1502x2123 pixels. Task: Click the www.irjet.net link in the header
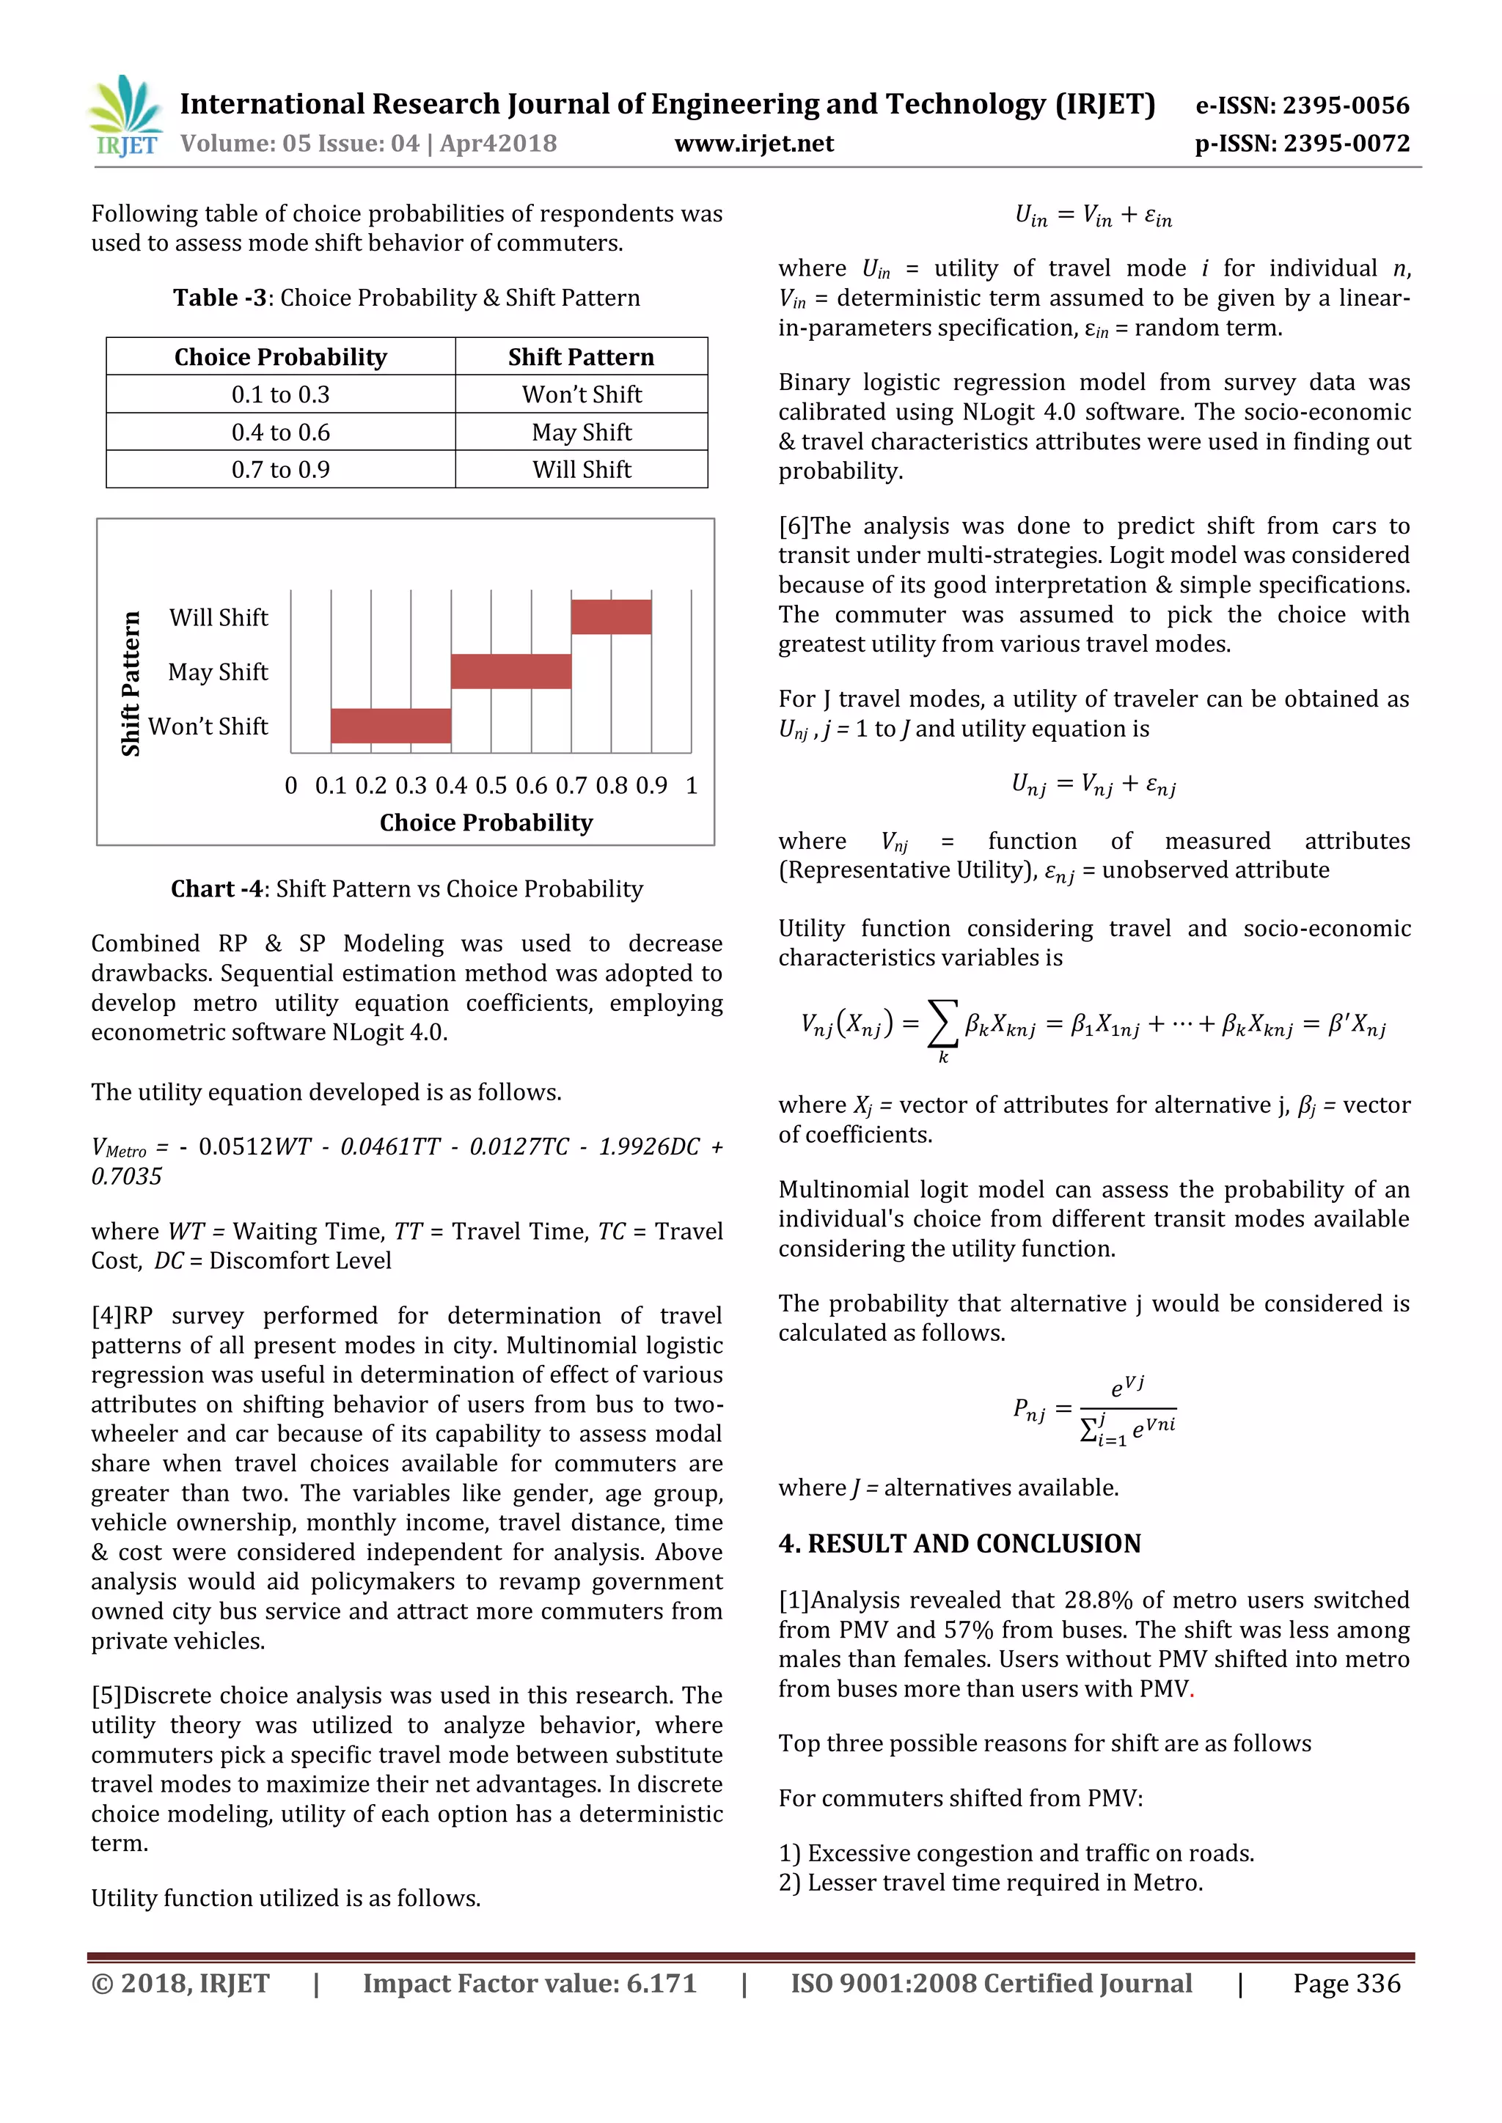tap(754, 144)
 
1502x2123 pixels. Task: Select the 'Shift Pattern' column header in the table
tap(581, 357)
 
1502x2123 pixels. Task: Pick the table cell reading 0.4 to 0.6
tap(280, 432)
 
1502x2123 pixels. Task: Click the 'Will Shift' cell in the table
tap(581, 470)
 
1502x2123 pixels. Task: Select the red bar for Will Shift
tap(610, 617)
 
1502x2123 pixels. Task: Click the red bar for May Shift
tap(510, 672)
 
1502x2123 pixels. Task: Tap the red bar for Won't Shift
tap(390, 726)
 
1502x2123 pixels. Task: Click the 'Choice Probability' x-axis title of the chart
tap(486, 823)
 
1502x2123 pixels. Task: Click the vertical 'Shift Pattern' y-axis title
tap(131, 683)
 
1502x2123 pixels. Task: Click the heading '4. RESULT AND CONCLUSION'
tap(959, 1543)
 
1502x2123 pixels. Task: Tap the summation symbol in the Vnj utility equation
tap(942, 1025)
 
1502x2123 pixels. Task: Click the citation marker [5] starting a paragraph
tap(106, 1696)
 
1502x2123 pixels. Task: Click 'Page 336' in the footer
tap(1346, 1984)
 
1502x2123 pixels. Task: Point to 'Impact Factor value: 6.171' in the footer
tap(529, 1984)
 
